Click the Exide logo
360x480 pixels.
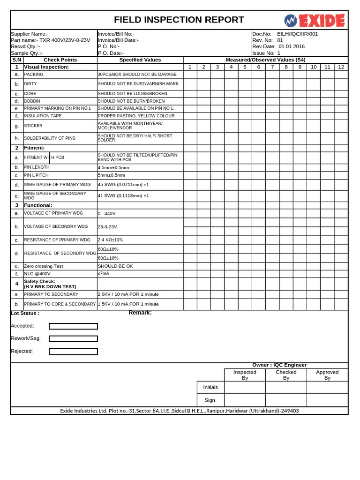pos(314,21)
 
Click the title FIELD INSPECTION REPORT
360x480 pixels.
pos(179,20)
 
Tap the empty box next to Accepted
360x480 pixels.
pos(73,326)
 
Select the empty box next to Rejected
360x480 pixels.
pos(73,351)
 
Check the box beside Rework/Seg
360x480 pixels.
pos(73,338)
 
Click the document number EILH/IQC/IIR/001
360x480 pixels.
pos(297,34)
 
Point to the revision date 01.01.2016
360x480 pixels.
pos(292,46)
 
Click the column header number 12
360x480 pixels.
pos(341,67)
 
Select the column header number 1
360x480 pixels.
pos(190,67)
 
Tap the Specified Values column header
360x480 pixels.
pos(140,60)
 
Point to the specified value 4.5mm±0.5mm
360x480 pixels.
pos(113,167)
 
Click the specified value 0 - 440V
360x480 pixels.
pos(106,213)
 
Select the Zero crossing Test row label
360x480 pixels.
pos(43,266)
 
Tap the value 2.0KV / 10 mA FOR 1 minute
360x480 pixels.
pos(128,294)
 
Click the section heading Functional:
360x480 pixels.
pos(38,205)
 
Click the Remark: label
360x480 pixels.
pos(140,313)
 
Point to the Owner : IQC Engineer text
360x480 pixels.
pos(279,365)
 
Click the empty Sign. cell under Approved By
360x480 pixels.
pos(327,400)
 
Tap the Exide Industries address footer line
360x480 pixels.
pos(179,411)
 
